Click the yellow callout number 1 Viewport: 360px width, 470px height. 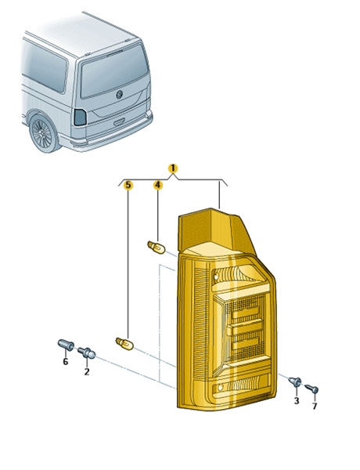[x=172, y=168]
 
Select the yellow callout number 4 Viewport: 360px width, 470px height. [x=158, y=185]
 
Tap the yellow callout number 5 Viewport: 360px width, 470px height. [x=128, y=185]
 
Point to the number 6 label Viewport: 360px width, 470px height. [x=65, y=362]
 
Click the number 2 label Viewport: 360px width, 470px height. [x=87, y=371]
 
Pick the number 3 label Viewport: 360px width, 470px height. [x=296, y=400]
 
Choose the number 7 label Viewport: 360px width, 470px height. [x=314, y=406]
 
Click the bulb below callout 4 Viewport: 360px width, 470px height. [x=156, y=248]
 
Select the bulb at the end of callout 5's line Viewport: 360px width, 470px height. [x=124, y=344]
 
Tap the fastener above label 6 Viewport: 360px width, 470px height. [x=66, y=345]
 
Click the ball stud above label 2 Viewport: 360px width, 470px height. [x=87, y=352]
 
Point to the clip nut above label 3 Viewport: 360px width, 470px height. [x=295, y=381]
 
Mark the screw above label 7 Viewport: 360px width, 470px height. [x=311, y=389]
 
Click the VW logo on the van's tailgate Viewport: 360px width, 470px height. [x=119, y=94]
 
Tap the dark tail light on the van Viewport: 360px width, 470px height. [x=80, y=117]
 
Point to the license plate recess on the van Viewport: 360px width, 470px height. [x=119, y=122]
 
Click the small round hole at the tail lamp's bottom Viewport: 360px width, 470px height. [x=220, y=388]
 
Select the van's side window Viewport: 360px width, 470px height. [x=45, y=67]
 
